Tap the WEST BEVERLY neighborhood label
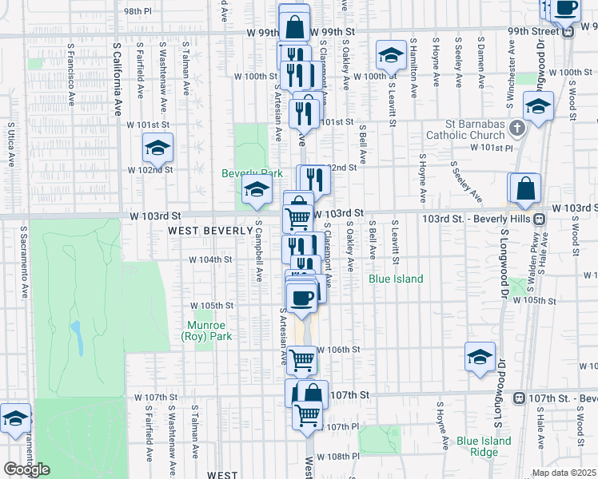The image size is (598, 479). point(199,231)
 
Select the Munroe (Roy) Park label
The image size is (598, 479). point(208,331)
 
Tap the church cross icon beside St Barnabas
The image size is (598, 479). point(517,128)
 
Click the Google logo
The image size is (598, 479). point(26,469)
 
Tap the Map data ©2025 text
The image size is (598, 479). point(564,473)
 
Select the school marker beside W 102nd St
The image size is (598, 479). point(157,148)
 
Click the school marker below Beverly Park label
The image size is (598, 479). point(256,190)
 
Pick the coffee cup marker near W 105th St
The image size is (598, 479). point(301,299)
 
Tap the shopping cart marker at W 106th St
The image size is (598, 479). point(301,360)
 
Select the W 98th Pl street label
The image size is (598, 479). point(138,12)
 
